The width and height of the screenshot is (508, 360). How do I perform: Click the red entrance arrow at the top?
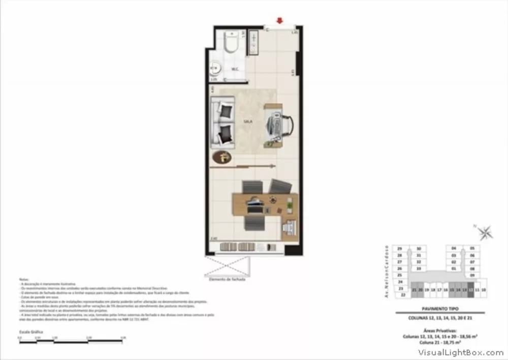click(279, 21)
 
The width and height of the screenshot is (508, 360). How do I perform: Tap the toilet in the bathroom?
click(233, 43)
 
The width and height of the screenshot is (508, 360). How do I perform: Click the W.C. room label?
click(235, 69)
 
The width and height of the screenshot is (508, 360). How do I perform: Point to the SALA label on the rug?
click(248, 122)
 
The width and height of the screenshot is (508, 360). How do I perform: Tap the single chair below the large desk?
click(252, 223)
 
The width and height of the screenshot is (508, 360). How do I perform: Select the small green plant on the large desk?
click(290, 205)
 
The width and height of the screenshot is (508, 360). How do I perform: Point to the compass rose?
click(485, 233)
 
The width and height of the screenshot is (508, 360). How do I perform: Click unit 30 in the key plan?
click(419, 249)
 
